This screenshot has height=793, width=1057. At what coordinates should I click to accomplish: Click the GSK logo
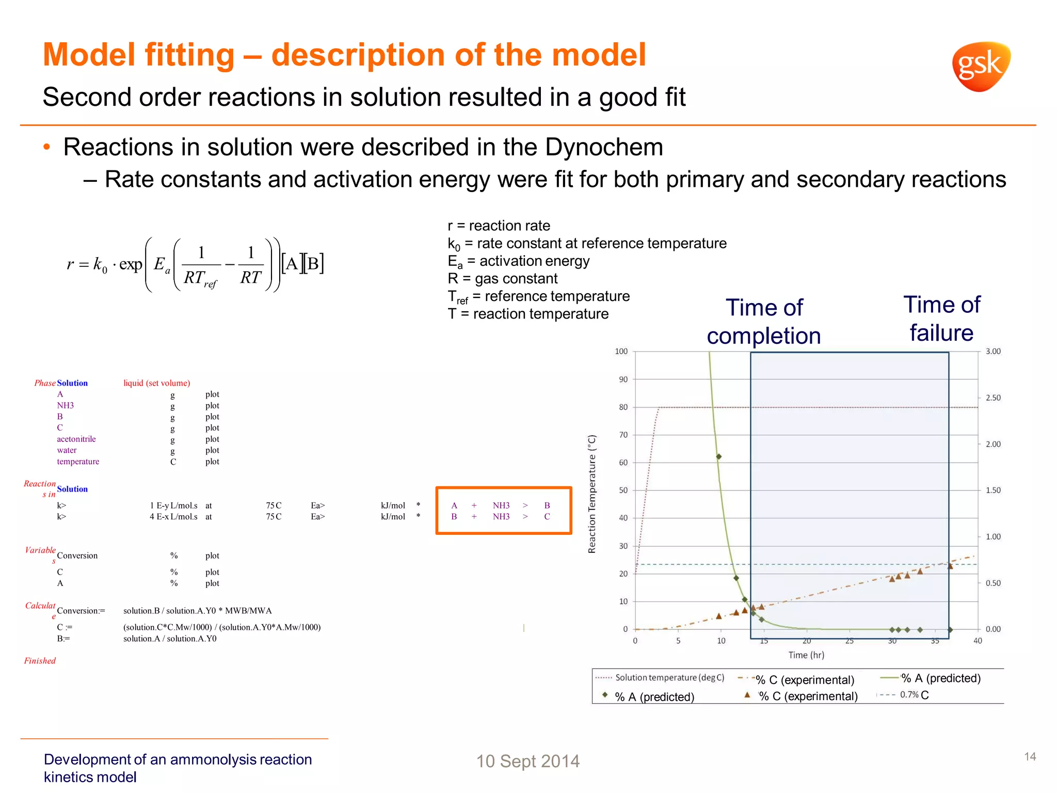[x=981, y=66]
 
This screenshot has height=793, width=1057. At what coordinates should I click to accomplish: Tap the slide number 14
[x=1030, y=757]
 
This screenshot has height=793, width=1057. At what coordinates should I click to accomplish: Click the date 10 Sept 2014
[x=527, y=762]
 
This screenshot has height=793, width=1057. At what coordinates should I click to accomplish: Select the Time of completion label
[x=764, y=322]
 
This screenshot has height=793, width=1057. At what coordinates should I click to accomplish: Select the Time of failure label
[x=941, y=319]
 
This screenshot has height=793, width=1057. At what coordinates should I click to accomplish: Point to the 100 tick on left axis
[x=621, y=352]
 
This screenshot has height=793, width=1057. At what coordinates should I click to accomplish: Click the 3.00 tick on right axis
[x=993, y=352]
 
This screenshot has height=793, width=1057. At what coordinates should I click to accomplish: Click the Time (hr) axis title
[x=806, y=655]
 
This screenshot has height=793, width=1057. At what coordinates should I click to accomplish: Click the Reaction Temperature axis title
[x=592, y=494]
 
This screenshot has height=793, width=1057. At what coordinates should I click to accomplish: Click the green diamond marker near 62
[x=718, y=457]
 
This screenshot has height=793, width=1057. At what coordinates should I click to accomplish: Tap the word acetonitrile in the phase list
[x=76, y=439]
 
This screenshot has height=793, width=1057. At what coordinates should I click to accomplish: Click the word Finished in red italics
[x=40, y=661]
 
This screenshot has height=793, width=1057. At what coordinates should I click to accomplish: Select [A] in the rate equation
[x=292, y=264]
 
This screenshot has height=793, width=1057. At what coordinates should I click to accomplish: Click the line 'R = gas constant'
[x=502, y=279]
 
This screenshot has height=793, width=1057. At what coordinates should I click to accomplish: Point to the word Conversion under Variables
[x=77, y=556]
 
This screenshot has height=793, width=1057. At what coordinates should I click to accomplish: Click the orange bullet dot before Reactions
[x=47, y=148]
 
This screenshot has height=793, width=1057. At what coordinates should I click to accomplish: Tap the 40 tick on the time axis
[x=978, y=641]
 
